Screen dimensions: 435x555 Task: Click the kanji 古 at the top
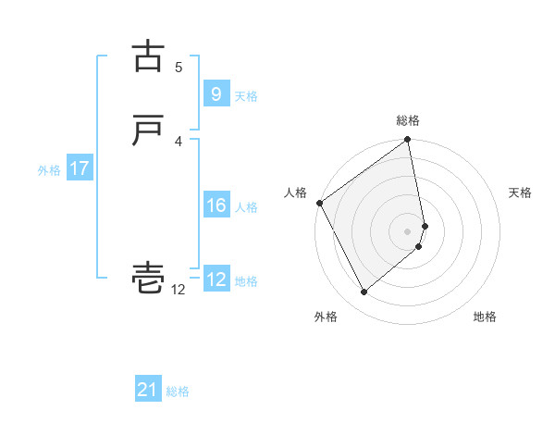tap(148, 56)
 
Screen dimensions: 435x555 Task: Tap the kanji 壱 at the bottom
tap(148, 277)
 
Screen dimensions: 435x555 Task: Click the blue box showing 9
tap(216, 93)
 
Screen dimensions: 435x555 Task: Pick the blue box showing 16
tap(216, 205)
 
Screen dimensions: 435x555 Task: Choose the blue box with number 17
tap(79, 168)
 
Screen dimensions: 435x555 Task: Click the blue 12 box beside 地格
tap(216, 280)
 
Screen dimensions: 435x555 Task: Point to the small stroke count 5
tap(179, 67)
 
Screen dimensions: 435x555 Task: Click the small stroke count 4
tap(179, 141)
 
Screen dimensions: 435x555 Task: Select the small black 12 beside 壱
tap(178, 290)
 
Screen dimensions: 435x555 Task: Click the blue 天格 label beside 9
tap(246, 96)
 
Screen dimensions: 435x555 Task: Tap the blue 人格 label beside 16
tap(246, 207)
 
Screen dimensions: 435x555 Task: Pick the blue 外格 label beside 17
tap(49, 170)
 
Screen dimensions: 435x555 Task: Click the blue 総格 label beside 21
tap(178, 391)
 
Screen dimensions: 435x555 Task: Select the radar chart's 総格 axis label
tap(408, 120)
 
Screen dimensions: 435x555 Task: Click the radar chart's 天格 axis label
tap(521, 193)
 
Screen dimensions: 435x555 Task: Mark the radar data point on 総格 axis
tap(408, 141)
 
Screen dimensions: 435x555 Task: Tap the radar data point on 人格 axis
tap(319, 203)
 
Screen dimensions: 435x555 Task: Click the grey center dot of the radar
tap(408, 230)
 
